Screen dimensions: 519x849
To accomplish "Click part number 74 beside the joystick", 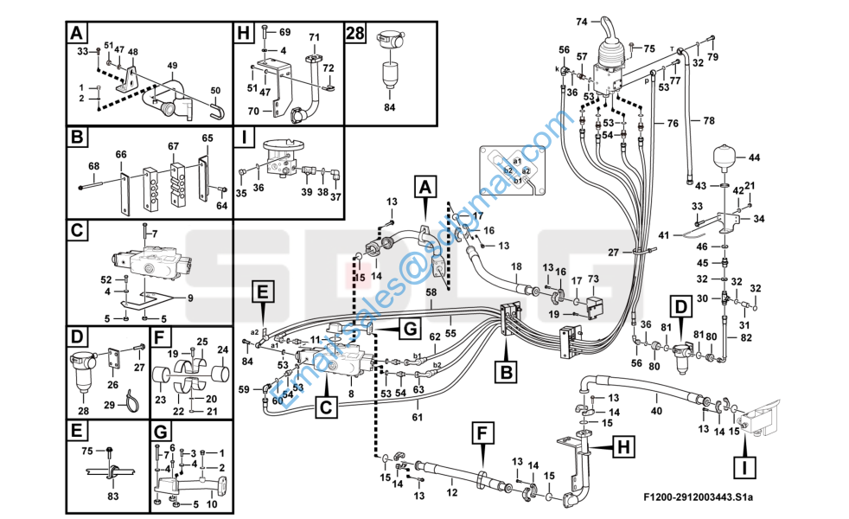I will [x=582, y=22].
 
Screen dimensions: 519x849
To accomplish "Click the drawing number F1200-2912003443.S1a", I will [x=699, y=497].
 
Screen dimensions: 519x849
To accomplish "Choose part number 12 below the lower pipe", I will [x=450, y=492].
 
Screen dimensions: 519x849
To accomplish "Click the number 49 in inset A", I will [x=172, y=66].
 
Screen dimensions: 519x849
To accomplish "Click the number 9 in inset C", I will [x=190, y=298].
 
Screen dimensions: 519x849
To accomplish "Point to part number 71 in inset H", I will [x=315, y=36].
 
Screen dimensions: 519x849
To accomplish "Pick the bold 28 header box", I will [x=355, y=33].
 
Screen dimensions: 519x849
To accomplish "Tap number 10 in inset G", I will [x=212, y=504].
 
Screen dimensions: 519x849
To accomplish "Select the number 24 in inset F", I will [x=222, y=349].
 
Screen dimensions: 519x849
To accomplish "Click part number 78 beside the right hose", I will [x=709, y=120].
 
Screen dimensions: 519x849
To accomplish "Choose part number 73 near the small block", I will [x=593, y=279].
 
